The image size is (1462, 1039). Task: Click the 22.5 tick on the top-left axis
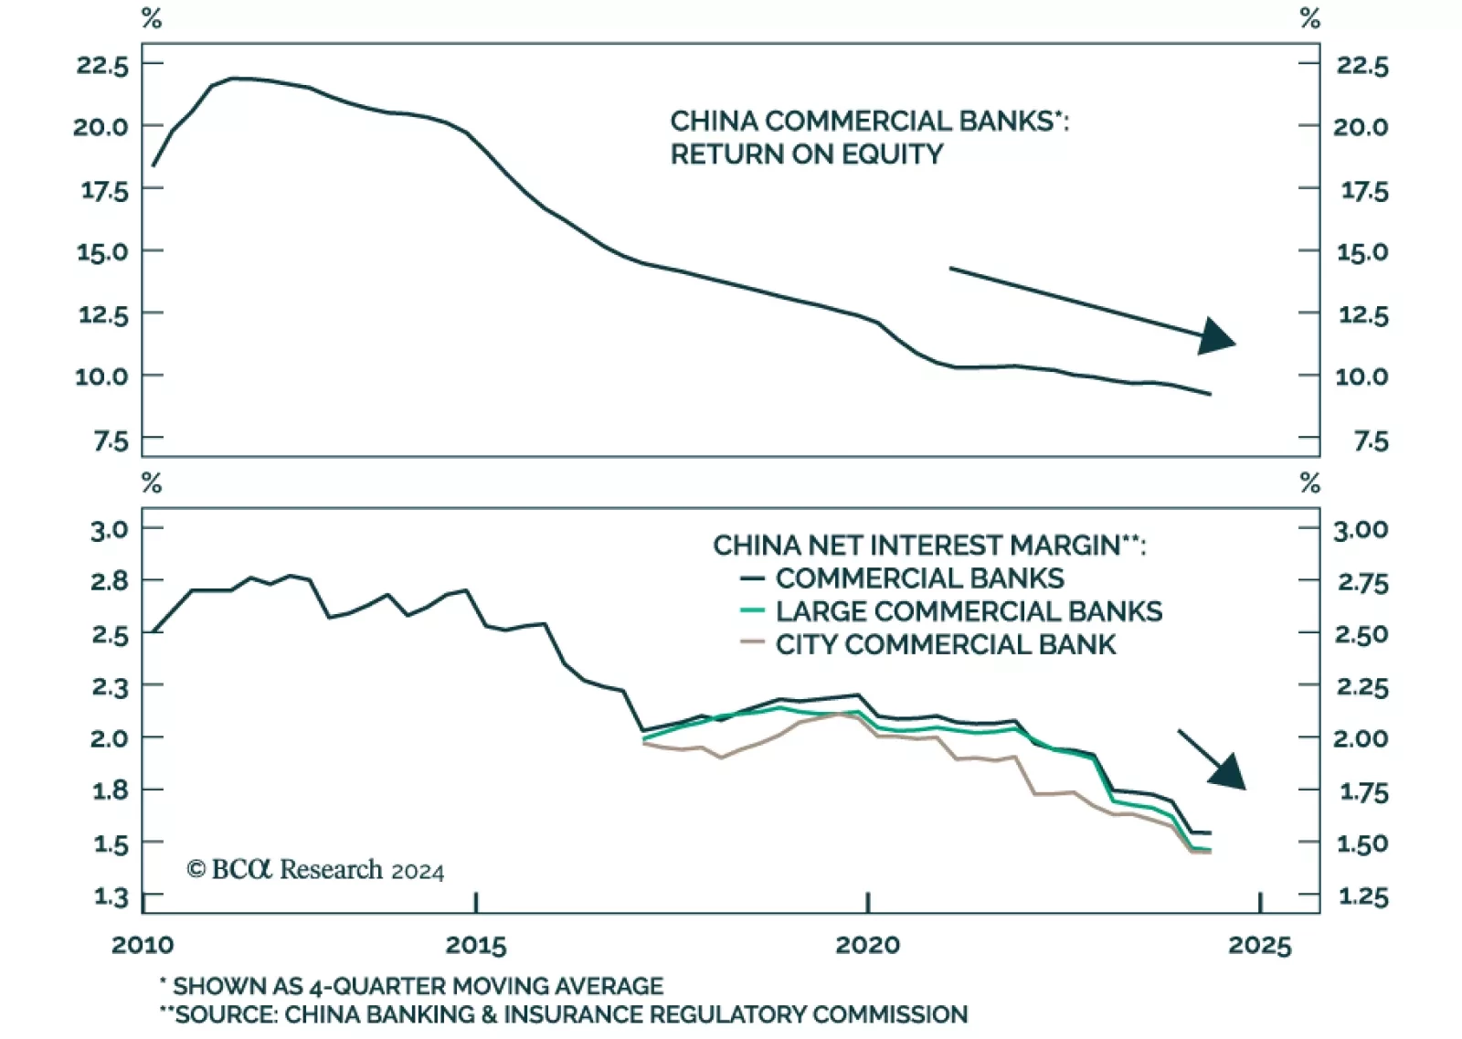[102, 65]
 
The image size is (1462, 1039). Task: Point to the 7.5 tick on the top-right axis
[1371, 441]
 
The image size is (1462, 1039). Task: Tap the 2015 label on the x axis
[476, 945]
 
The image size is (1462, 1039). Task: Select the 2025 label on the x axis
[1260, 945]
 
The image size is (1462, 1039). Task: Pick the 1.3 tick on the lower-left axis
[110, 896]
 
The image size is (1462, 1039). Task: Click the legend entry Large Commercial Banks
[968, 611]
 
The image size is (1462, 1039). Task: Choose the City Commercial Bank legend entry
[945, 644]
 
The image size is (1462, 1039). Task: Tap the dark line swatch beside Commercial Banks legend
[752, 578]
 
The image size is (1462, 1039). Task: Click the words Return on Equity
[806, 154]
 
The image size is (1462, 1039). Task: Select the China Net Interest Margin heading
[928, 546]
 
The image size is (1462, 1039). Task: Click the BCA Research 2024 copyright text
[316, 869]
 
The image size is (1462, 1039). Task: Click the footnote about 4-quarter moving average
[411, 986]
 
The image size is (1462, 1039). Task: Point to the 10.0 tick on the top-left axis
[101, 376]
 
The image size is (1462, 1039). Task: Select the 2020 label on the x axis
[867, 945]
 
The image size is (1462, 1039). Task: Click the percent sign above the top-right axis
[1309, 18]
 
